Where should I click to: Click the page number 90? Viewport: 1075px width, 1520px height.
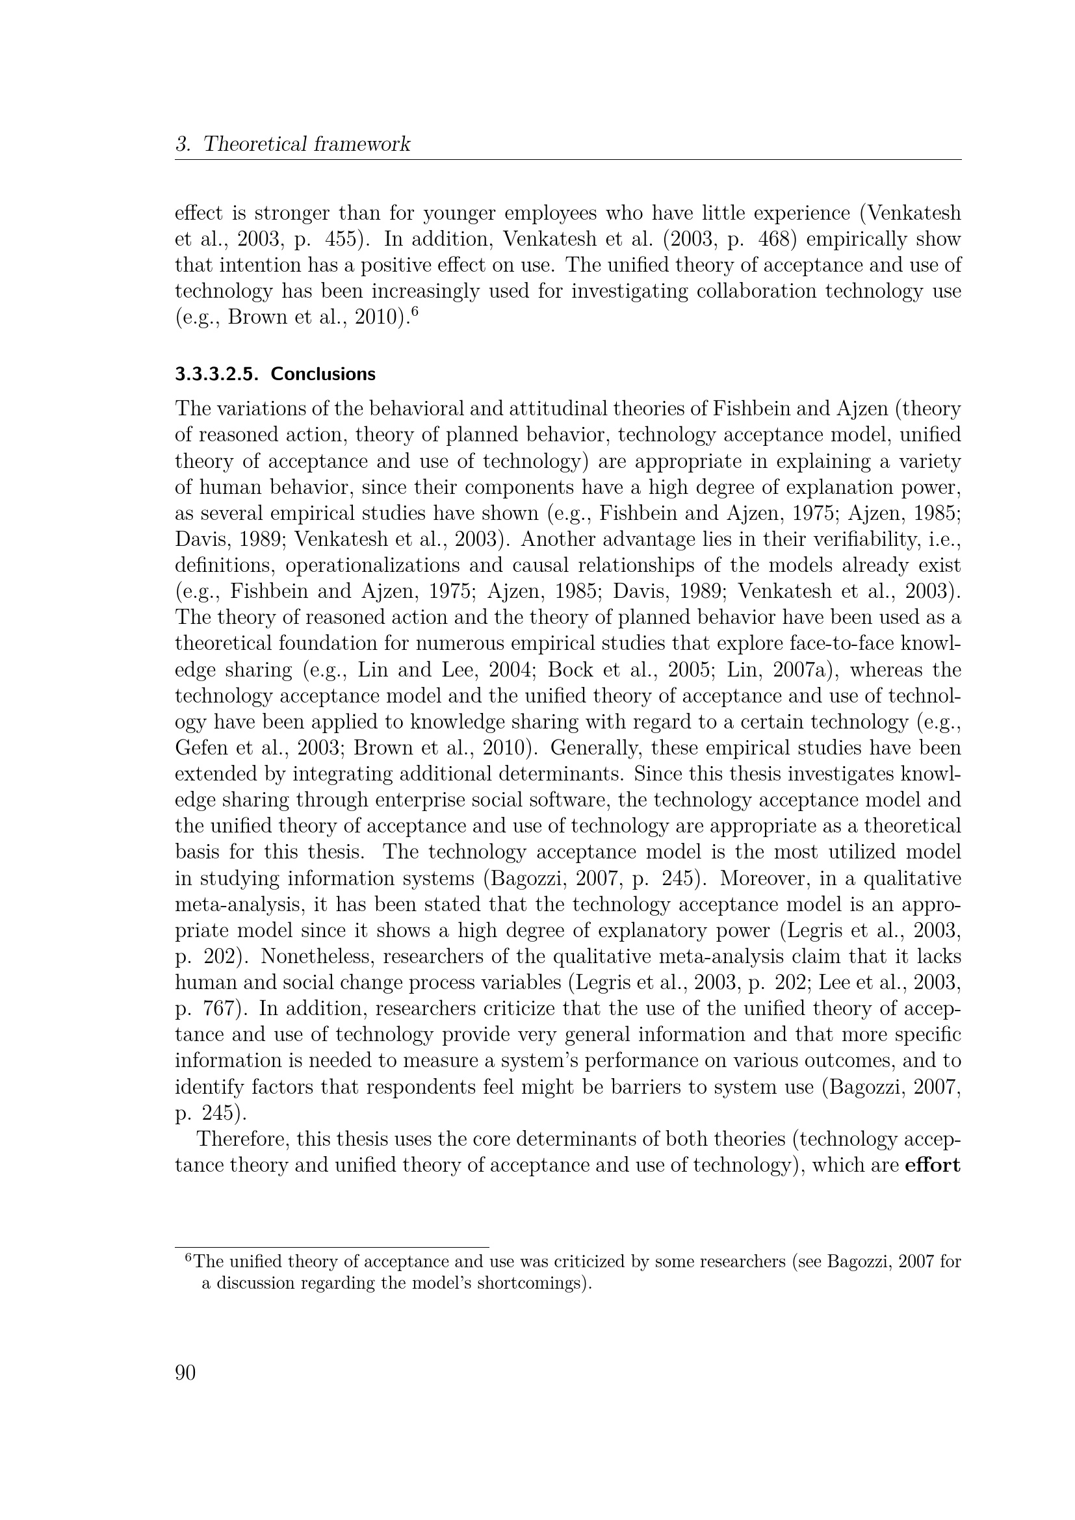(x=185, y=1373)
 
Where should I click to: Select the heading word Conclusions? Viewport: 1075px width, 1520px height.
(x=323, y=374)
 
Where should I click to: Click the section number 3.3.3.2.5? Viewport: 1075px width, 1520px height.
(x=216, y=374)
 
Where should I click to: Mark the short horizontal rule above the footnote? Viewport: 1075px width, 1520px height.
(x=331, y=1247)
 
